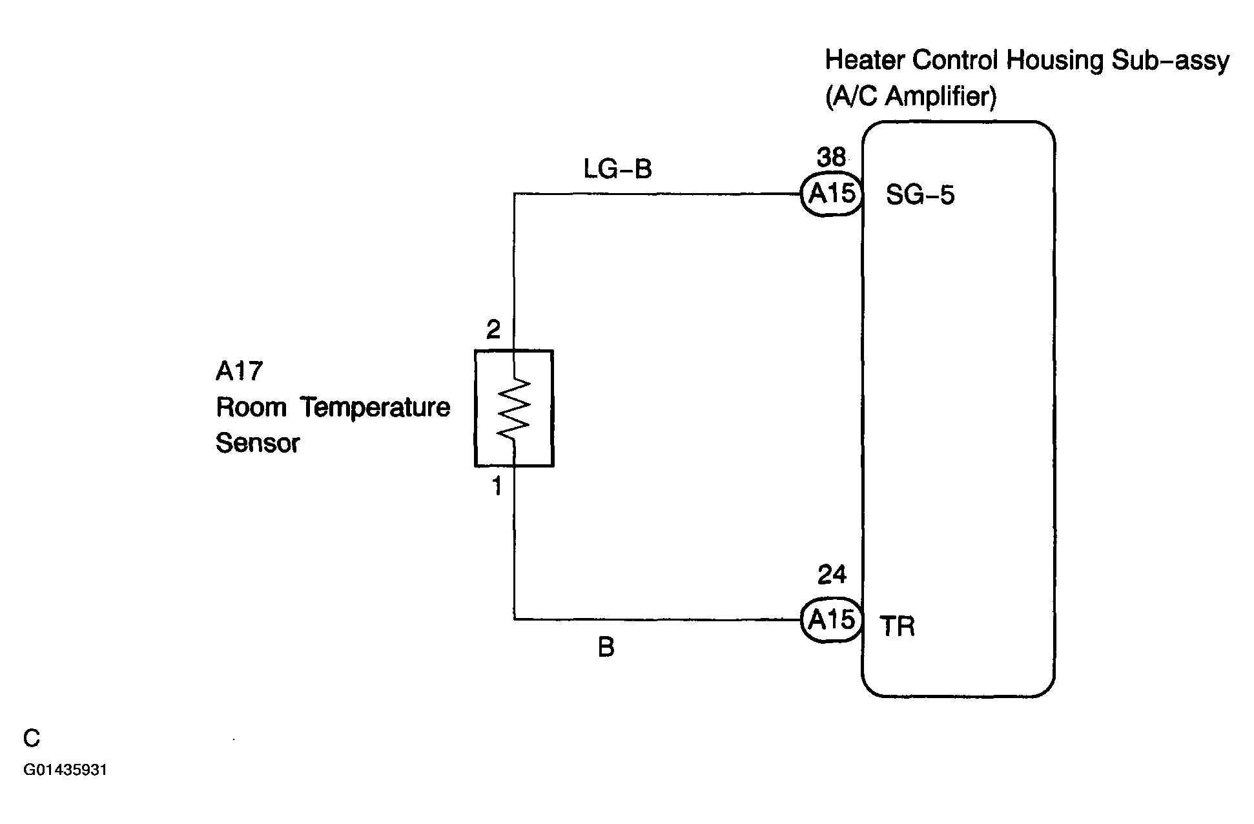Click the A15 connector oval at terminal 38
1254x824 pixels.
coord(832,194)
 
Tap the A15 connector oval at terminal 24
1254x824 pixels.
coord(832,620)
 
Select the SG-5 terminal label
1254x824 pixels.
coord(920,195)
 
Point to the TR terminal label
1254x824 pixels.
coord(898,626)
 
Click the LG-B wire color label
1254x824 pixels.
coord(618,169)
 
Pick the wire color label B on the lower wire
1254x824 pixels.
coord(606,647)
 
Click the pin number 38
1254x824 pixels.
coord(831,157)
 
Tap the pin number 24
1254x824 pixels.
coord(832,574)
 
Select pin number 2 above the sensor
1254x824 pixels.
coord(493,331)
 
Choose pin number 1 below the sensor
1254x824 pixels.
coord(497,486)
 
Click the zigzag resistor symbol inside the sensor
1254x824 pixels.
coord(514,408)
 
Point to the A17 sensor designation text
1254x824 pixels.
coord(239,371)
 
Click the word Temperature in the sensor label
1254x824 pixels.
coord(375,408)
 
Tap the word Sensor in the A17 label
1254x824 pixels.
coord(258,443)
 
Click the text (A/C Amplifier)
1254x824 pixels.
coord(911,96)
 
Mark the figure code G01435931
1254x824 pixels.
coord(65,770)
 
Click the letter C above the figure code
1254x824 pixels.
coord(32,738)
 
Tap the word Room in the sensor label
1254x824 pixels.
coord(251,407)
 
